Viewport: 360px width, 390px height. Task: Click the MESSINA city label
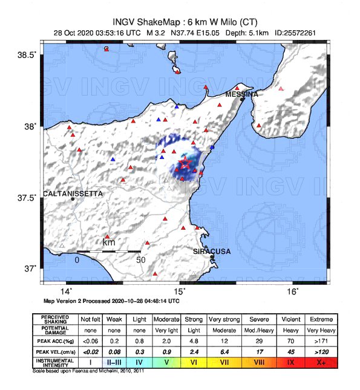[241, 94]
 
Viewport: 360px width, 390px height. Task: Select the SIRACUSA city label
[212, 251]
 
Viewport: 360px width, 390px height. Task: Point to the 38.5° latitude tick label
[26, 55]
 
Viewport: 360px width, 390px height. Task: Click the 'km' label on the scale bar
[109, 242]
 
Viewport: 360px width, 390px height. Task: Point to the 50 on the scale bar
[141, 259]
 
